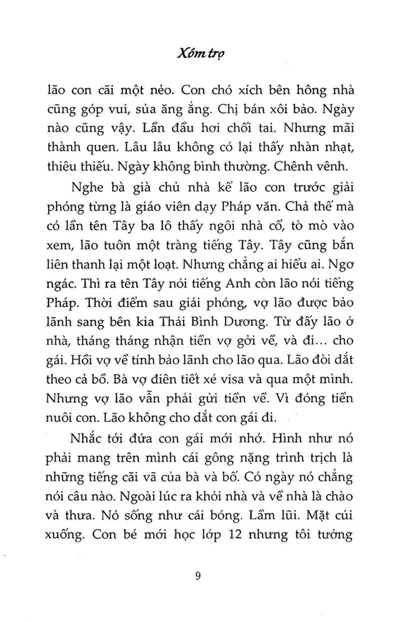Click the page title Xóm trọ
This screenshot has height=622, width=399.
199,53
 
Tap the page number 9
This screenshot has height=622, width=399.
199,576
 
